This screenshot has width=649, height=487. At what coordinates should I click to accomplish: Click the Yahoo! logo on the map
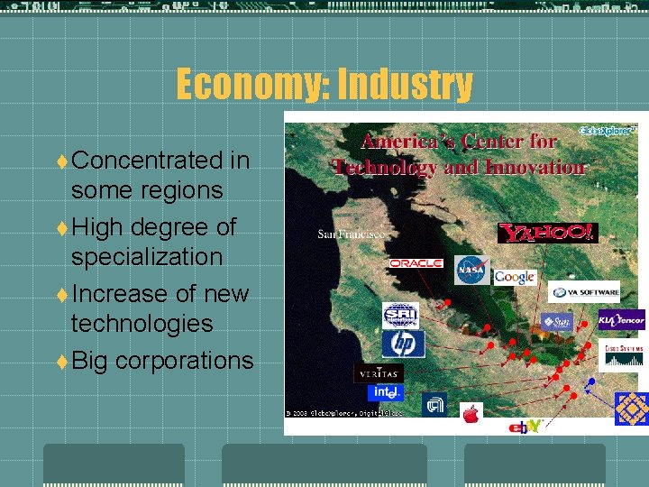546,233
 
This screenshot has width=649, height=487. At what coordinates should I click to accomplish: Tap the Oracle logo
416,263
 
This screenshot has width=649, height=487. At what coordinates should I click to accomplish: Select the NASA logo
472,271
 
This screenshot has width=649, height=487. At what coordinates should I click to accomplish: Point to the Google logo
515,277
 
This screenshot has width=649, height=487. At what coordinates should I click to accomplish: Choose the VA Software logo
585,292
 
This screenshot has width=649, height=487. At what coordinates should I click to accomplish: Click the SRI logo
400,315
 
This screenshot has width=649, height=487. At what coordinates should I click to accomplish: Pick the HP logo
402,344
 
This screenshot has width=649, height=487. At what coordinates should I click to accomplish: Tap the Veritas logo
379,372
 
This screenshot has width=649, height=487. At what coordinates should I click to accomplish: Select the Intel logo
386,392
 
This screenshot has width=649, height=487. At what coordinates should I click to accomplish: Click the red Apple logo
471,413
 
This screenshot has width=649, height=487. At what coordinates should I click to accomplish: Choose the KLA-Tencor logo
622,320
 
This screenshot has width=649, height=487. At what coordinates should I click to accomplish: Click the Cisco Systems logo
624,354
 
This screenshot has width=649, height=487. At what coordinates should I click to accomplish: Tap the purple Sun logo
556,321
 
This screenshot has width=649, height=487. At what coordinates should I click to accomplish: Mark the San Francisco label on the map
351,234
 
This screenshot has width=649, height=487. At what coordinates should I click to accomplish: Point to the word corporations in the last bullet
184,361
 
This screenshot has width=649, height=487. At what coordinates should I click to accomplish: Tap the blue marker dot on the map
591,381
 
